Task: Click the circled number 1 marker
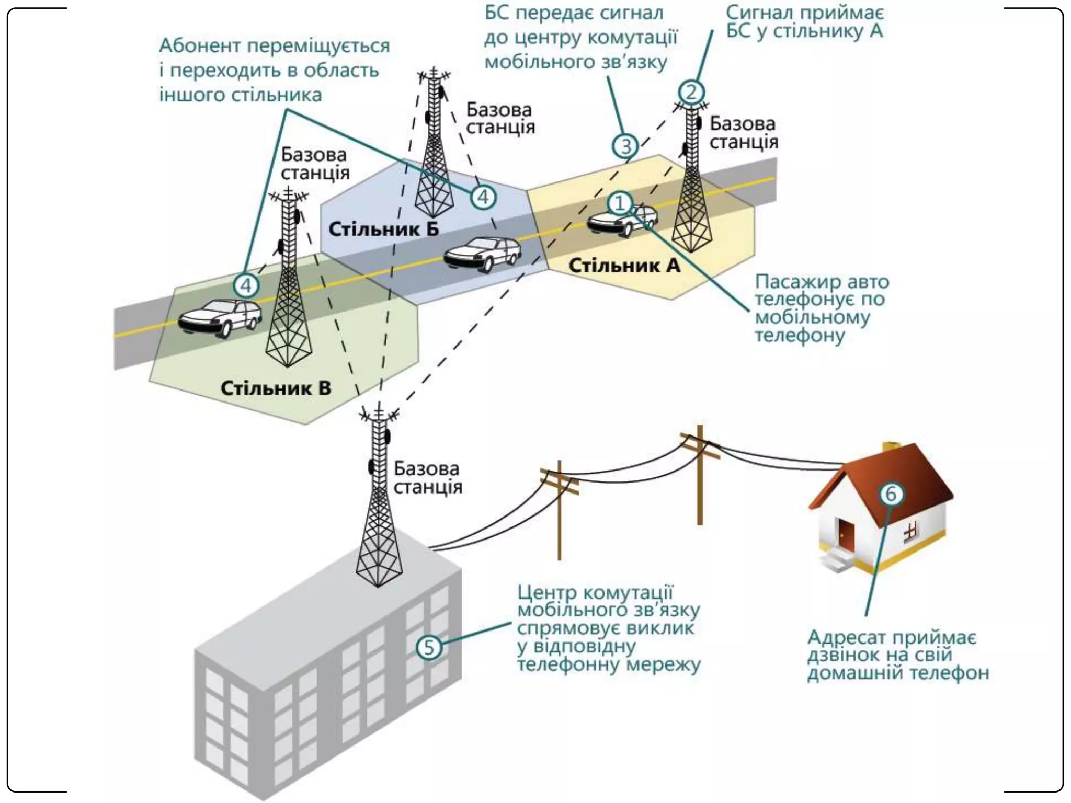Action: point(620,203)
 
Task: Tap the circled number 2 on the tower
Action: point(691,93)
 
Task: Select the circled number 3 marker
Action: point(625,146)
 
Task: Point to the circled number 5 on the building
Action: point(429,647)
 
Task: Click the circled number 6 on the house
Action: point(891,494)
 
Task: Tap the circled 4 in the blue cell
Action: point(483,197)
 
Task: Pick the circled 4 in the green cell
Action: point(246,285)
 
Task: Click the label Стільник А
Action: point(624,266)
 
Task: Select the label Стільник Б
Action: point(383,229)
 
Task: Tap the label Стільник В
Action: point(276,388)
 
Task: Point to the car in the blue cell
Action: point(482,255)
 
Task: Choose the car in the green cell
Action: point(220,317)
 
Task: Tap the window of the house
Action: point(910,532)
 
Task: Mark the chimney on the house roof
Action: point(891,448)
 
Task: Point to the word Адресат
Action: point(846,638)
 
